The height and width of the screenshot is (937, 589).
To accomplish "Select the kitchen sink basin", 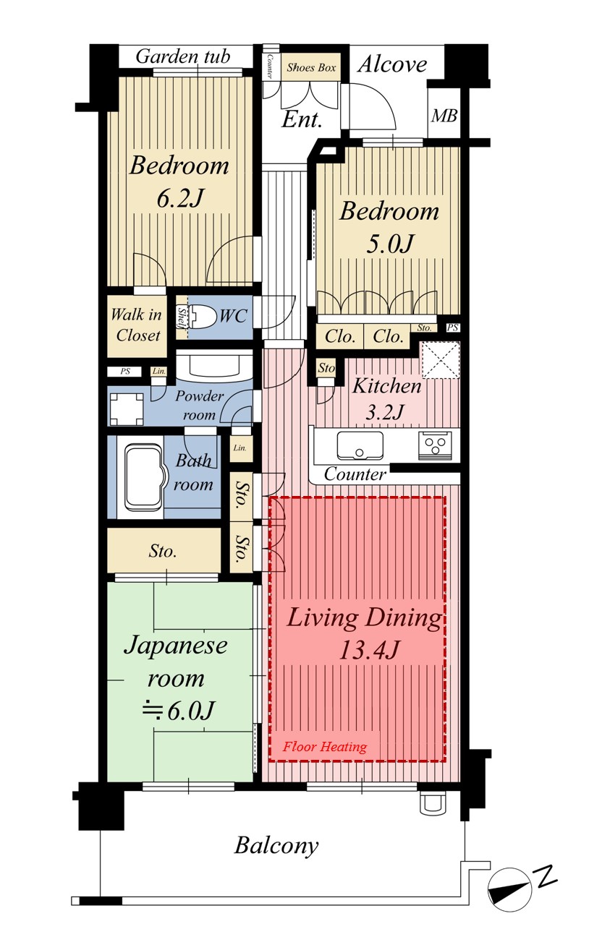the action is pos(360,445).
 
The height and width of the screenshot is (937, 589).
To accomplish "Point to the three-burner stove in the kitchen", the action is pos(436,444).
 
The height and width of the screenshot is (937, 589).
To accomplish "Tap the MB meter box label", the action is pos(444,116).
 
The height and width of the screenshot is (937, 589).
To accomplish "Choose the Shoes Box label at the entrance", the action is pos(311,67).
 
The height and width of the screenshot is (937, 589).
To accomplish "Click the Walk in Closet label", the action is pos(137,325).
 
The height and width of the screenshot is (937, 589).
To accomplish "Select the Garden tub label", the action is pos(183,56).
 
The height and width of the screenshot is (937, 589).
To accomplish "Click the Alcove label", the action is pos(392,64).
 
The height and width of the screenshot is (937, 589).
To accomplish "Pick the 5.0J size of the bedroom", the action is pos(390,244).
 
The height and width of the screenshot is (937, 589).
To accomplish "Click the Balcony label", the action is pos(276,845).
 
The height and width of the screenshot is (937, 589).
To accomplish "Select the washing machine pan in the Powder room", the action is pos(127,408).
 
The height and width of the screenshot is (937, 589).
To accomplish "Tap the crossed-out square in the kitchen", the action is pos(441,361).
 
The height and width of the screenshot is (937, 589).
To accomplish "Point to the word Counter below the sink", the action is pos(355,474).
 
